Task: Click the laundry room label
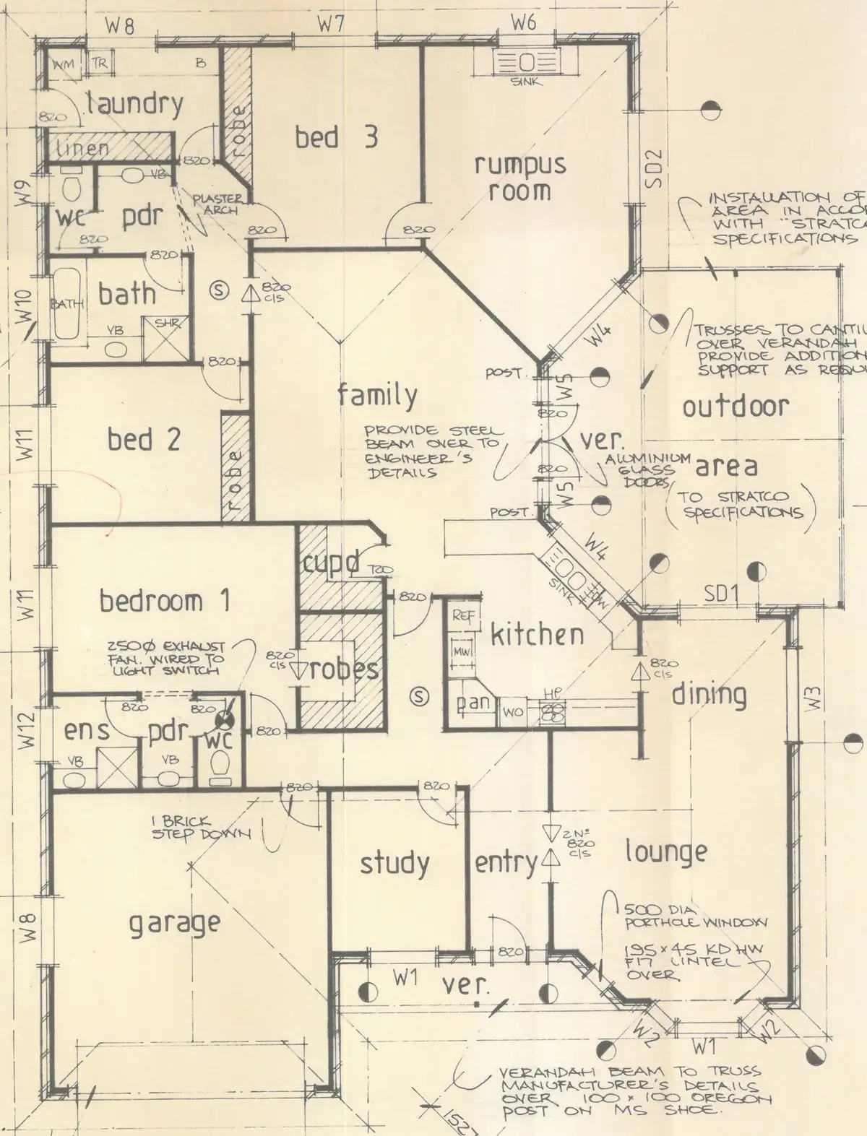coord(135,105)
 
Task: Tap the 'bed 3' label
coord(336,136)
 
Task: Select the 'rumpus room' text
coord(519,177)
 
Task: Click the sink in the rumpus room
coord(525,63)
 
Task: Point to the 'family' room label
coord(377,395)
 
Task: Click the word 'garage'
coord(174,923)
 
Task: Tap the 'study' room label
coord(394,863)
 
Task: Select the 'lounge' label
coord(665,852)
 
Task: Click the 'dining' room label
coord(709,694)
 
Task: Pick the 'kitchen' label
coord(537,635)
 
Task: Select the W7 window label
coord(332,24)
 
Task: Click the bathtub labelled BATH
coord(66,305)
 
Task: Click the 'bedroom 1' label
coord(165,601)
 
